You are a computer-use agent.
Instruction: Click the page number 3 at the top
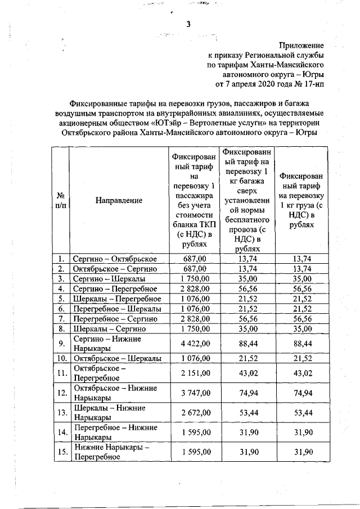[189, 24]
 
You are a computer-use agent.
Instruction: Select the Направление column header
[119, 200]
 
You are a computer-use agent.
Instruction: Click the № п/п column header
[60, 200]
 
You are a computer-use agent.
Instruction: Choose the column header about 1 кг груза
[303, 200]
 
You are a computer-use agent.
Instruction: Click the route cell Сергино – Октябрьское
[115, 259]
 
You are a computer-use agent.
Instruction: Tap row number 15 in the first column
[60, 452]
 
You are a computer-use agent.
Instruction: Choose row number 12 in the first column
[60, 393]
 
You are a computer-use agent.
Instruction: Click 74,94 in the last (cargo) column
[303, 393]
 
